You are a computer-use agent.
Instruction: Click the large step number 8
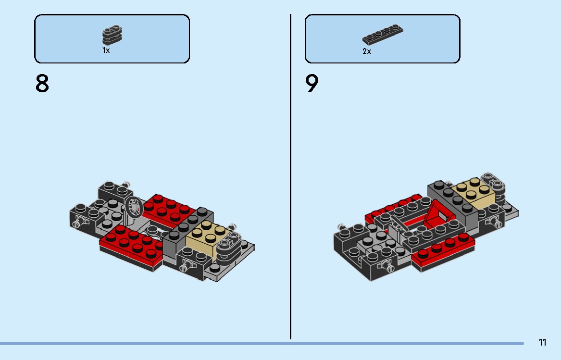coord(42,84)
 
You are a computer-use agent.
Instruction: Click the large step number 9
coord(312,84)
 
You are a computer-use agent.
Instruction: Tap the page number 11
coord(542,343)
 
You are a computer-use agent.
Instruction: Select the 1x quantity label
coord(106,50)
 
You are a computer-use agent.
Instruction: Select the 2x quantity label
coord(367,51)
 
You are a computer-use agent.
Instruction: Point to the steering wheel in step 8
coord(133,207)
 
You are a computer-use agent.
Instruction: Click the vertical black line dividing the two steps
coord(290,192)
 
